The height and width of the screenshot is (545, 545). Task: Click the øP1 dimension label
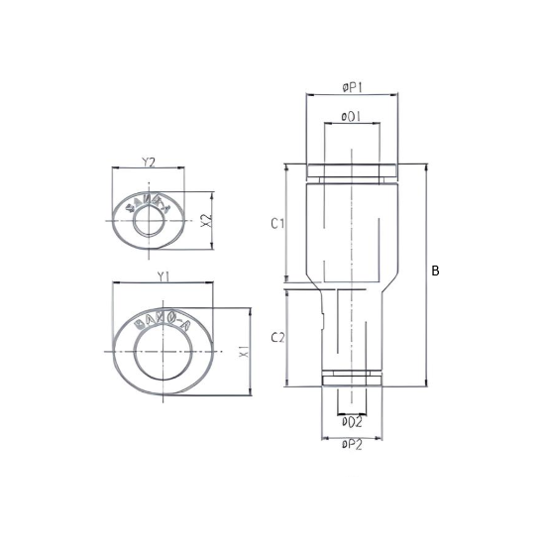click(x=352, y=88)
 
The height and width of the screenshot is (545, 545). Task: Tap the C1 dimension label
click(x=277, y=224)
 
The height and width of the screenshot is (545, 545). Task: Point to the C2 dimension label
click(x=277, y=338)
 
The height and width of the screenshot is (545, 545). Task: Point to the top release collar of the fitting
click(x=352, y=171)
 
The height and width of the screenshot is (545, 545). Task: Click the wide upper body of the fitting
click(x=352, y=228)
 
